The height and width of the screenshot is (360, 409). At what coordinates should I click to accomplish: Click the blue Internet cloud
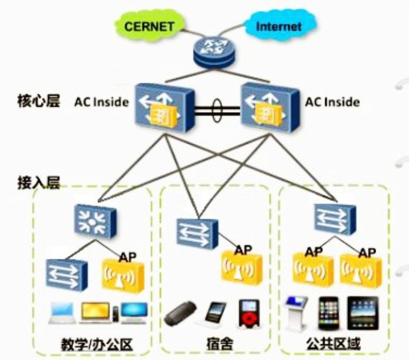(x=279, y=26)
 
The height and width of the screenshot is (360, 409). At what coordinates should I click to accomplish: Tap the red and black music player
(x=247, y=314)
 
